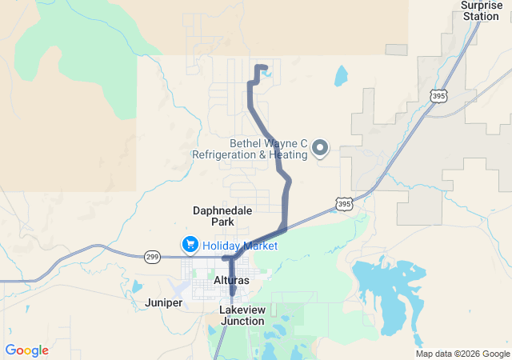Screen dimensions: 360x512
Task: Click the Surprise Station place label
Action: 481,10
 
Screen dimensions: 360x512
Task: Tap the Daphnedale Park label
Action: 222,216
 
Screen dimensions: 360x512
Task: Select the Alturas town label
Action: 231,280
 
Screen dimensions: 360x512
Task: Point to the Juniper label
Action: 164,302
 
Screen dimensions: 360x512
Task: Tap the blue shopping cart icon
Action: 190,244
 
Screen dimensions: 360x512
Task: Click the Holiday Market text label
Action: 240,246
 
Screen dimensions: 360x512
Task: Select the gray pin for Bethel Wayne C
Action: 320,147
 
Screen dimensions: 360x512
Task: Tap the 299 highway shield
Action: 153,257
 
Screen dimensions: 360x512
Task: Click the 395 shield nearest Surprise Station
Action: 438,96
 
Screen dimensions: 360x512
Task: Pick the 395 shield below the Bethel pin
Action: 344,204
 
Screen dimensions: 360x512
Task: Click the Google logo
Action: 26,350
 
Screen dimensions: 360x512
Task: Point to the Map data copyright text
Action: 462,354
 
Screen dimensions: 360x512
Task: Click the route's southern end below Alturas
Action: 232,293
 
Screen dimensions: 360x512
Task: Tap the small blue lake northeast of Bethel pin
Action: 341,76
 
